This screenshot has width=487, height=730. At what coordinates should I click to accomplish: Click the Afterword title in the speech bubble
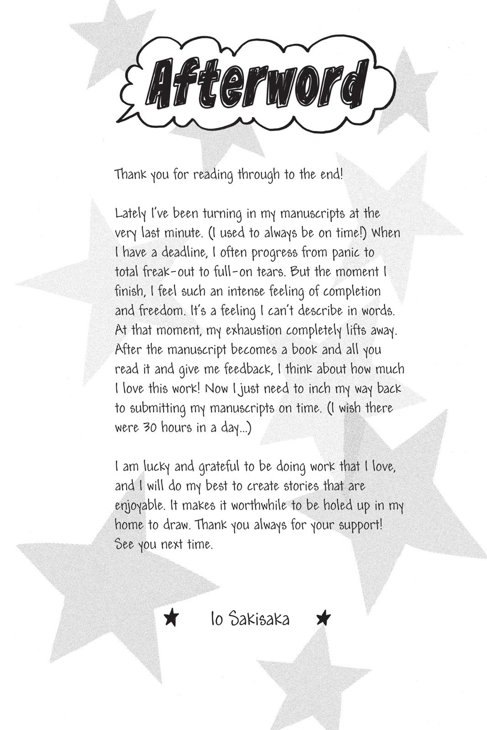pos(259,83)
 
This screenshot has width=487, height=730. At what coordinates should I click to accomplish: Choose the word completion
pos(351,292)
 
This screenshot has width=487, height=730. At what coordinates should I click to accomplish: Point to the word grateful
pos(219,467)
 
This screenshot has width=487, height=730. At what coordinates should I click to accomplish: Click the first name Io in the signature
pos(216,620)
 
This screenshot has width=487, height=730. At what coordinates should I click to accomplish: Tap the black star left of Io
pos(171,618)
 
